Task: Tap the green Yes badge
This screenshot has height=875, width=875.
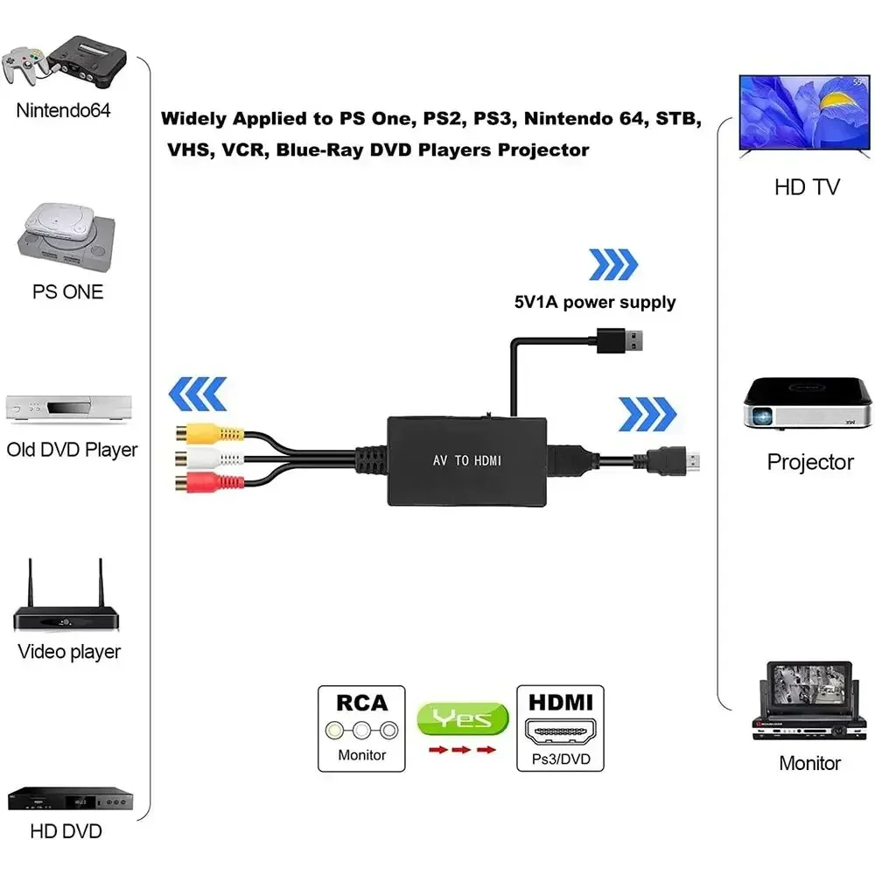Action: (x=463, y=719)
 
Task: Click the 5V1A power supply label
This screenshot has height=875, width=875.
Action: (x=594, y=303)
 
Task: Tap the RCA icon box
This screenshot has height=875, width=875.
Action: (x=361, y=728)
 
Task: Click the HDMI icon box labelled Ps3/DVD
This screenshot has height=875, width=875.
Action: (x=561, y=728)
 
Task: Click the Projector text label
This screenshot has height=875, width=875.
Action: (x=809, y=462)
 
